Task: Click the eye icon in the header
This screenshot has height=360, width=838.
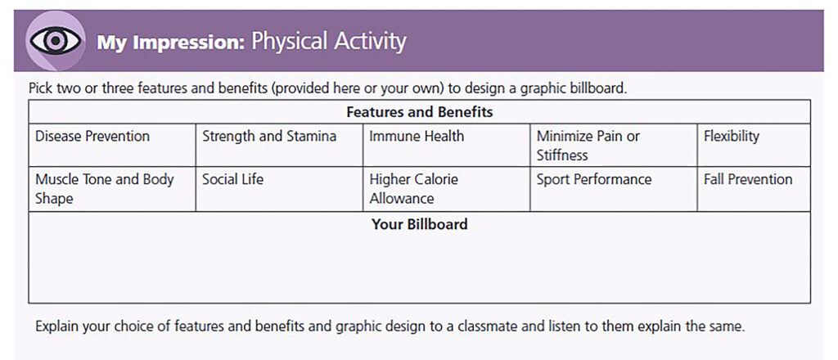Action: pos(55,41)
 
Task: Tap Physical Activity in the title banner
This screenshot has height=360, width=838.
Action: pos(329,41)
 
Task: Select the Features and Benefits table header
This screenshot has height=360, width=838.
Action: pos(419,111)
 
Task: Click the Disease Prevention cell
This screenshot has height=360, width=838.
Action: pos(92,137)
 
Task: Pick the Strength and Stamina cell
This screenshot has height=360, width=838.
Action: pos(269,137)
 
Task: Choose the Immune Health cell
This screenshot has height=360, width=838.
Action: pos(417,137)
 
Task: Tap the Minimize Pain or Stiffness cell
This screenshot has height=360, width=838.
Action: pos(588,146)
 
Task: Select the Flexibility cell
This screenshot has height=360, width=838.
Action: pos(732,137)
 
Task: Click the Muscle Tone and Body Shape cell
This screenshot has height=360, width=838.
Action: pos(105,189)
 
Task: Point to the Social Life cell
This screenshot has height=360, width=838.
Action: pos(233,180)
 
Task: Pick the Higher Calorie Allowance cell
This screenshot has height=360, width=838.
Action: pos(413,189)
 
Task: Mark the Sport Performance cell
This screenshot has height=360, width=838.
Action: pos(594,180)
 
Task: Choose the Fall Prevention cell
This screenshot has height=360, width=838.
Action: pos(748,180)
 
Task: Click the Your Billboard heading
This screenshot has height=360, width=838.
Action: pos(419,223)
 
